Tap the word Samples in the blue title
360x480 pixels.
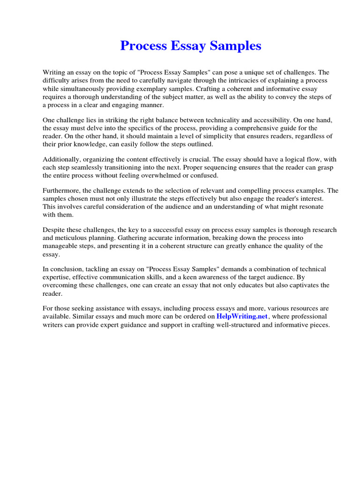[237, 46]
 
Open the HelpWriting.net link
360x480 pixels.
[241, 316]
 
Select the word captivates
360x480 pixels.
[298, 285]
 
